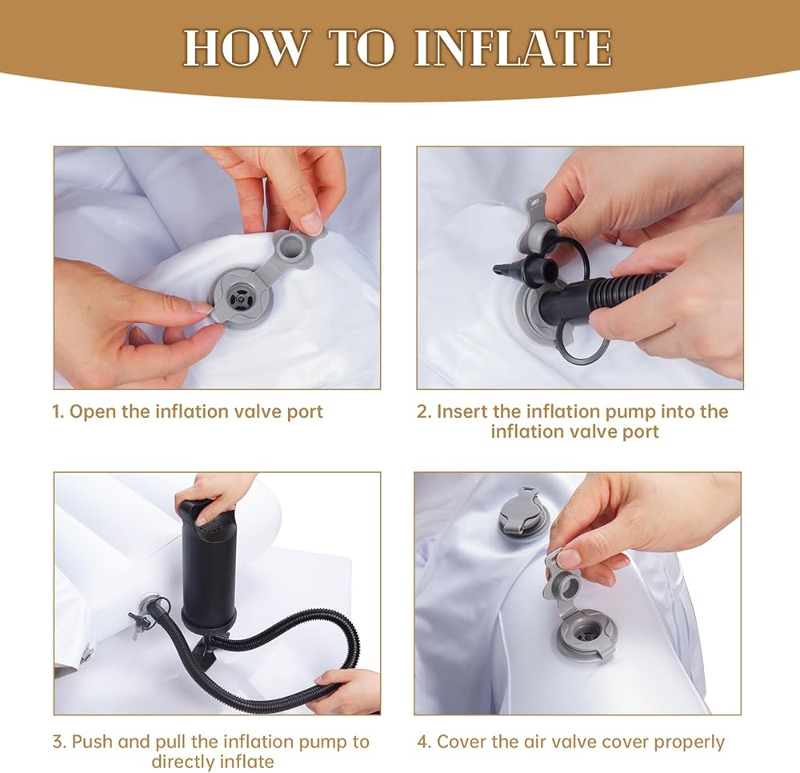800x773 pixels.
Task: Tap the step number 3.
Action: point(58,741)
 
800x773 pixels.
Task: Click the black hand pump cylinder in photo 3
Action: point(209,567)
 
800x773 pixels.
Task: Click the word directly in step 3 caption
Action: point(182,763)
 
